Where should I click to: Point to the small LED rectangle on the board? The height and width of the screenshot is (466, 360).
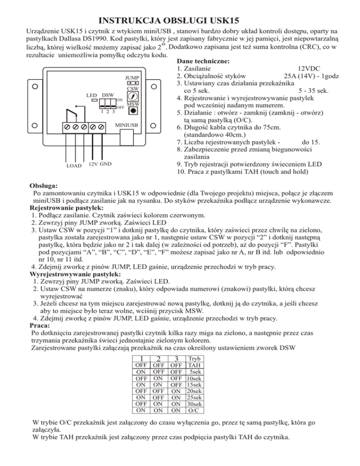click(94, 100)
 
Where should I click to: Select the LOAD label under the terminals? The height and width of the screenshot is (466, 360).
click(74, 166)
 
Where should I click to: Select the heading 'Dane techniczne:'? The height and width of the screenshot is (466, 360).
click(202, 61)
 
